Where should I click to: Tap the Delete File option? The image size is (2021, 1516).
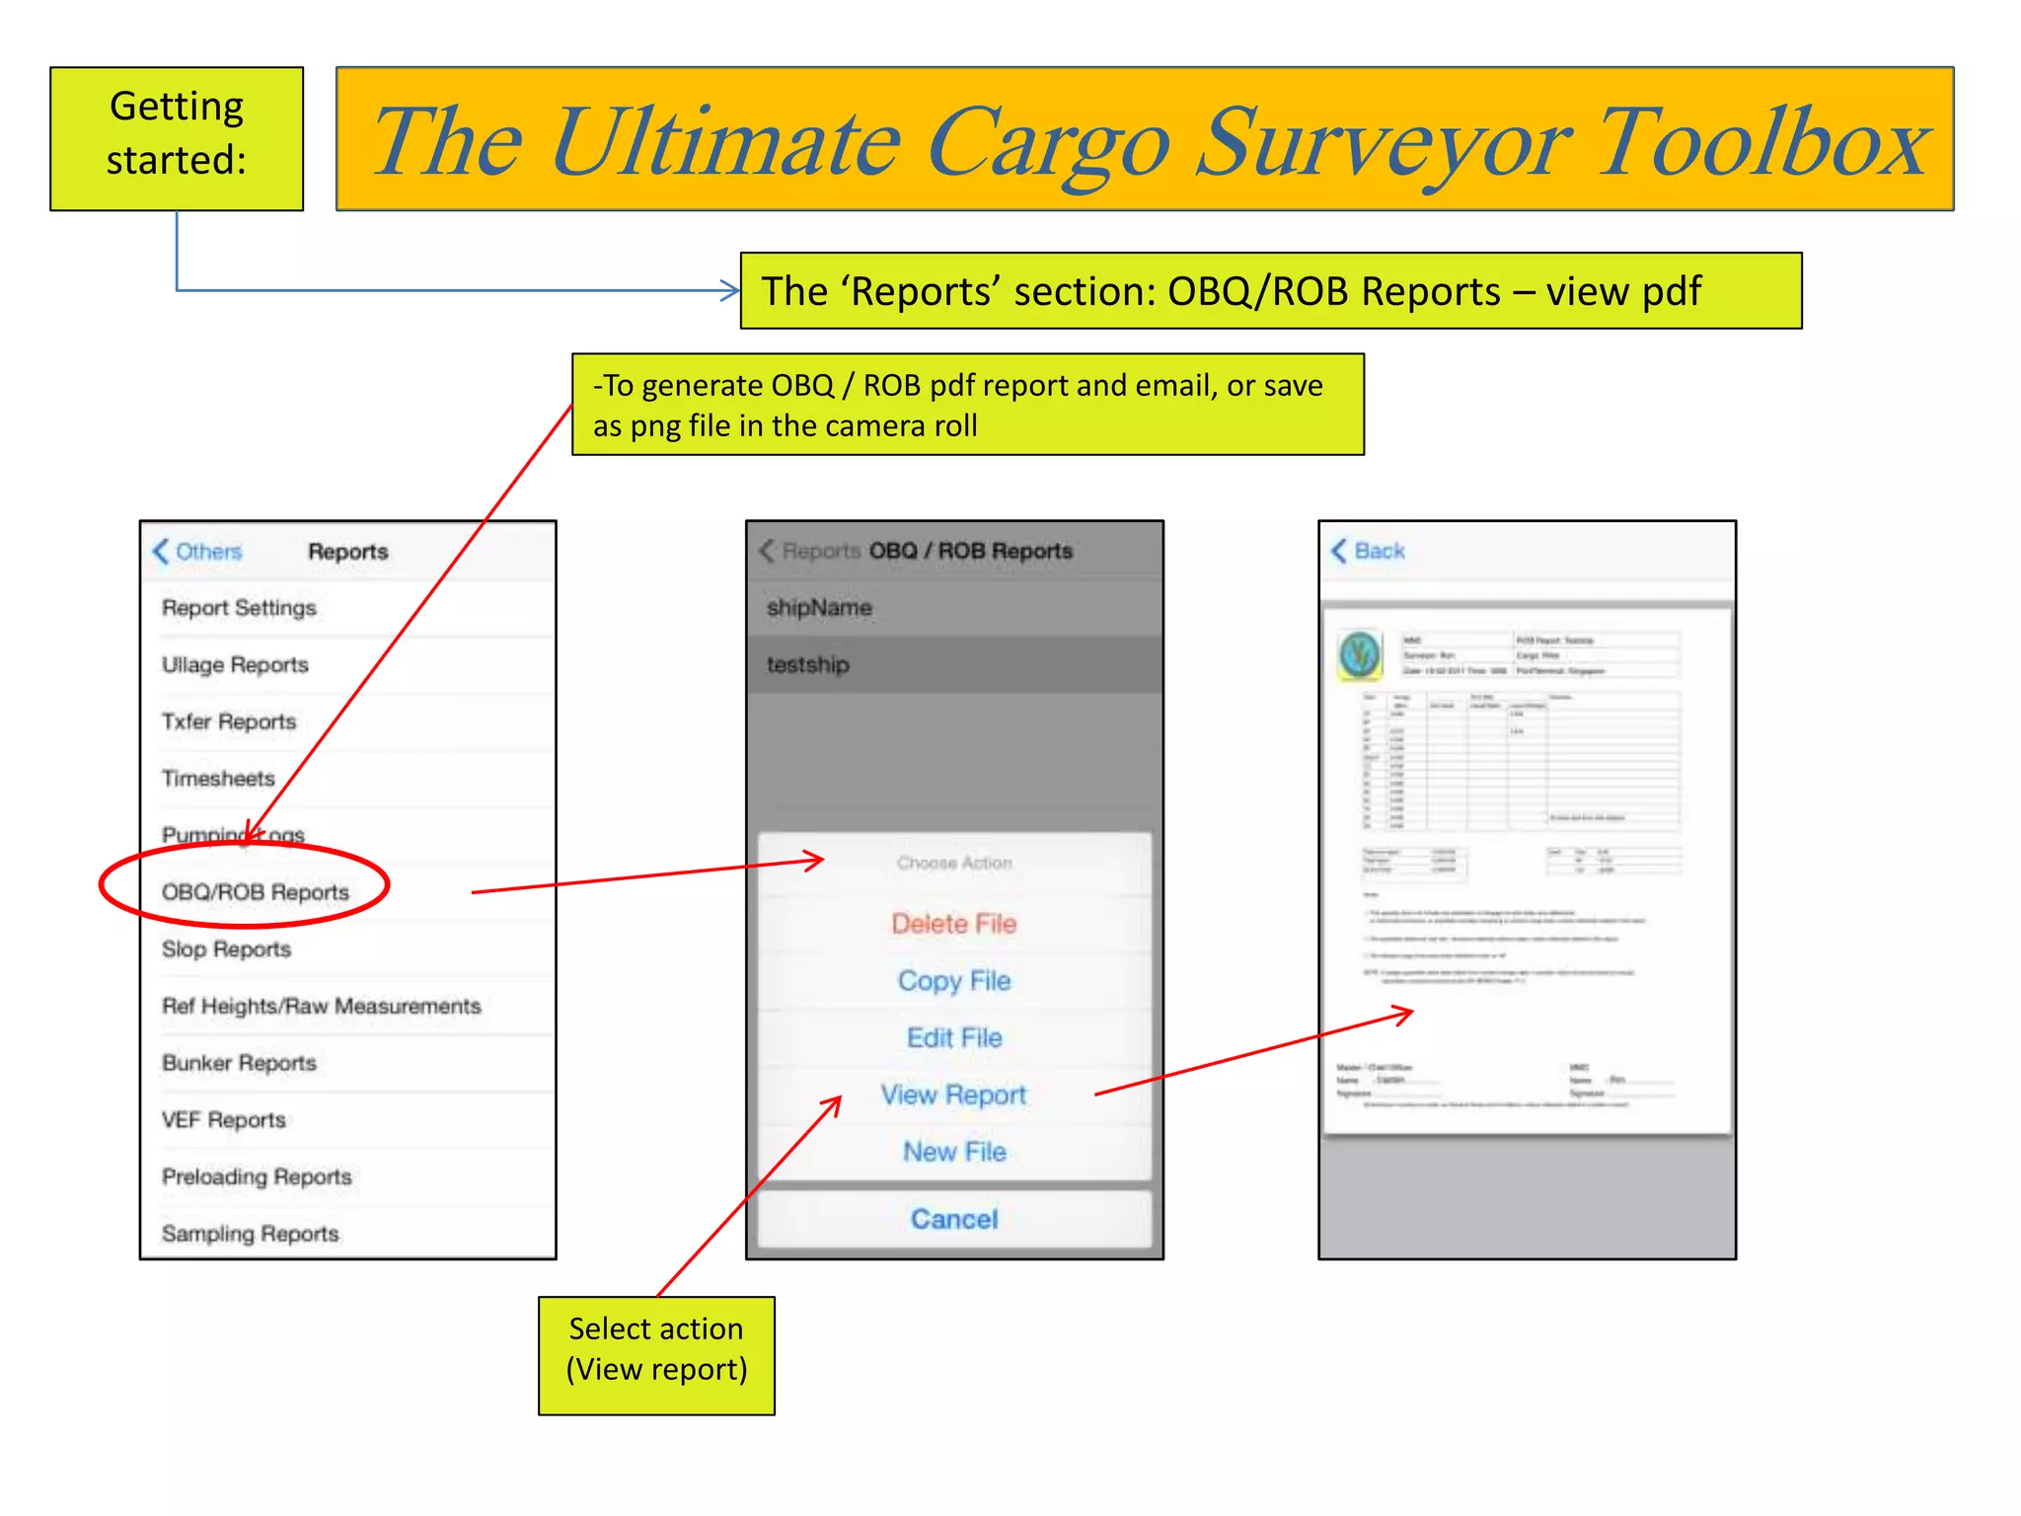click(x=953, y=924)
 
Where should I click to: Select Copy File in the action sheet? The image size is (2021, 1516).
click(x=953, y=981)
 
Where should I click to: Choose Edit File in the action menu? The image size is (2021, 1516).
click(x=953, y=1038)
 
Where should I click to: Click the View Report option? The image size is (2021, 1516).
click(x=953, y=1095)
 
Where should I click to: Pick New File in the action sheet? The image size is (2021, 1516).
click(x=953, y=1152)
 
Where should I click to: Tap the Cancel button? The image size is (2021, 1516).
click(x=953, y=1219)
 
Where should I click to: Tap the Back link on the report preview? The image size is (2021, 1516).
click(x=1369, y=551)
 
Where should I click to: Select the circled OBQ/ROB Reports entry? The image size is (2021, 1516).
click(x=256, y=892)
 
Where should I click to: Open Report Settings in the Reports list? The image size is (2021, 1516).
click(x=239, y=608)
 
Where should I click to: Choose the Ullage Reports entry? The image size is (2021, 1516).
click(x=235, y=665)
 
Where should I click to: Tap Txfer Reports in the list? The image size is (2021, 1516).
click(x=229, y=721)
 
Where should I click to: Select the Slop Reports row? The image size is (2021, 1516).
click(x=226, y=949)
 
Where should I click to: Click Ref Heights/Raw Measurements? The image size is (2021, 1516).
click(x=321, y=1006)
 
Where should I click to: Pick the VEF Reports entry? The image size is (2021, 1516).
click(x=223, y=1120)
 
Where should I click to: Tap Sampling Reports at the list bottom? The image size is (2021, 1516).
click(x=250, y=1234)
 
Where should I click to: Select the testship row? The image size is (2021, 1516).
click(x=808, y=665)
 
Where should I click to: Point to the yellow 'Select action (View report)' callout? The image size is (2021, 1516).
click(x=656, y=1355)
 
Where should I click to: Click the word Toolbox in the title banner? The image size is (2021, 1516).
click(x=1761, y=144)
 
